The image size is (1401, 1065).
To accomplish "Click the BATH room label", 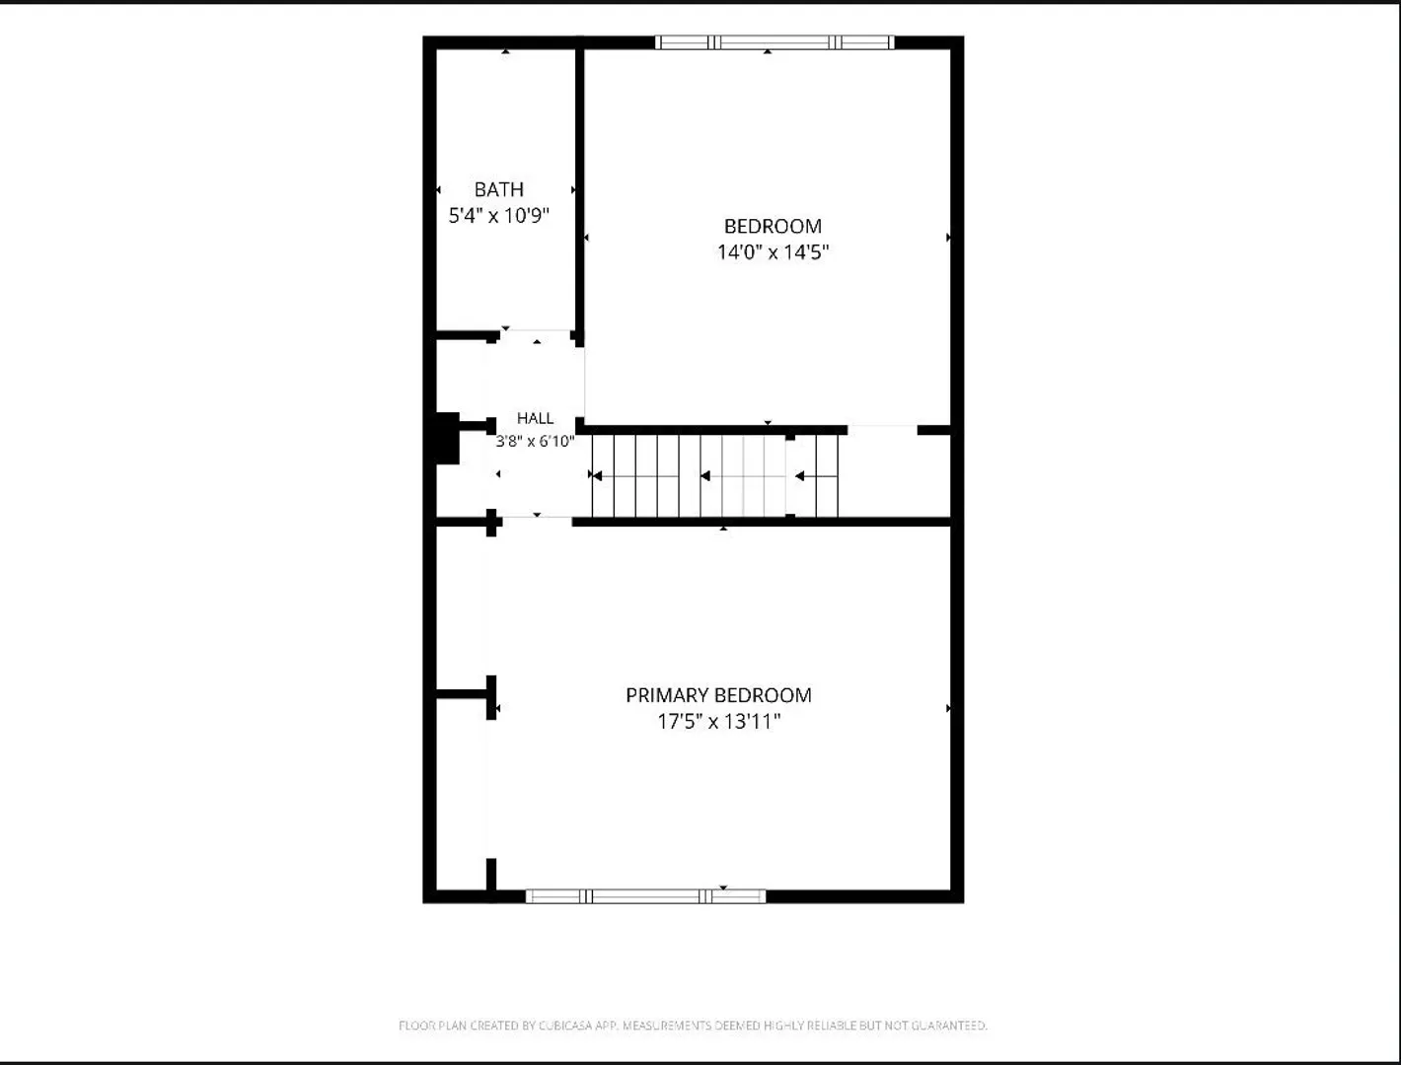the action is point(498,189).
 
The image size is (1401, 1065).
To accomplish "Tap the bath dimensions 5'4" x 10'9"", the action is point(498,216).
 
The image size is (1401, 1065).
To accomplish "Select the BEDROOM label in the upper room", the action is point(773,226).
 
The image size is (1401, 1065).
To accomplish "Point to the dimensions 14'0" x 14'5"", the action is point(773,251).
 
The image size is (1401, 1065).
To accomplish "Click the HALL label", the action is point(535,418).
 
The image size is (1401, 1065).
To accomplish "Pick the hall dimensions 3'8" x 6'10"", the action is point(535,442).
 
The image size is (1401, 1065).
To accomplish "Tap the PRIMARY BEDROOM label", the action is point(718,695).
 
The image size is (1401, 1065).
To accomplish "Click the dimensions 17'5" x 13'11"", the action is point(718,721).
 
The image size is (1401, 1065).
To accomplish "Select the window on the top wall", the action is point(774,42).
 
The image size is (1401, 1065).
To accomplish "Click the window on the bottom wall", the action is point(645,896).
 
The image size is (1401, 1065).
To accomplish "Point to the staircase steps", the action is point(715,475).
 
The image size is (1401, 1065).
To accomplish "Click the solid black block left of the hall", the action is point(447,438).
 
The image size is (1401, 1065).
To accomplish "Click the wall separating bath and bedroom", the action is point(579,191).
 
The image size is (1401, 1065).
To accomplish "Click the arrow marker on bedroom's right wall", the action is point(948,238).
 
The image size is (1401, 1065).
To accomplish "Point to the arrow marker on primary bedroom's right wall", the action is point(948,708).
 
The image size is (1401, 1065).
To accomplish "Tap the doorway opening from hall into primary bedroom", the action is point(537,521).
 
